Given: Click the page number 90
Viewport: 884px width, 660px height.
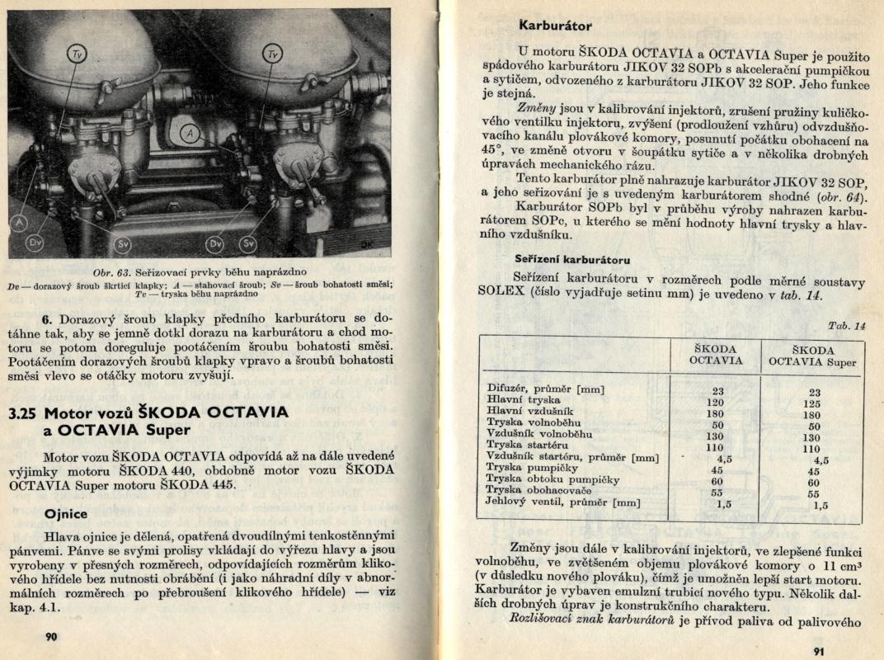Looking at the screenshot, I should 51,636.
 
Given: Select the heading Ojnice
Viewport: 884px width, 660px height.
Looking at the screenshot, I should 66,513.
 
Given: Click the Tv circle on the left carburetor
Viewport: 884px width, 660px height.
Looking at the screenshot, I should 77,54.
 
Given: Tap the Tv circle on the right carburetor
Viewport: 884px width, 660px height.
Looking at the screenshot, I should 273,54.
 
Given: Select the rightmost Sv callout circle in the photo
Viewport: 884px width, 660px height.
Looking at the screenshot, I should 247,243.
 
